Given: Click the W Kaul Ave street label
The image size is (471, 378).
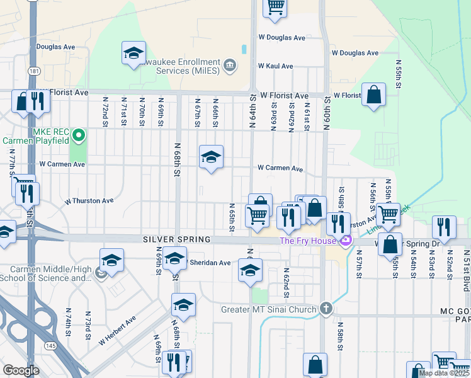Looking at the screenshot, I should point(275,66).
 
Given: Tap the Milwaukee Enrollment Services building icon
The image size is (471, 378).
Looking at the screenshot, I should point(230,64).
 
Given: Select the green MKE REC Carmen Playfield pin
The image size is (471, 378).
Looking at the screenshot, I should point(79,135).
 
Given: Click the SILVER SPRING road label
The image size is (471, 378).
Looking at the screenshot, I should point(174,239).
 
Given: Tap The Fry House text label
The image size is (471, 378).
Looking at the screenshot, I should point(306,241).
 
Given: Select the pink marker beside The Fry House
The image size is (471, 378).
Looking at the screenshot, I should point(345,241).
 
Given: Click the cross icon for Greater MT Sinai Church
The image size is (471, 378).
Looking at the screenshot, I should point(325,309).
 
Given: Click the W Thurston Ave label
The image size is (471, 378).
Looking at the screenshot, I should point(89,201).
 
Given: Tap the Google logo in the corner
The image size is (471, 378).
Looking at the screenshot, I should point(21,370).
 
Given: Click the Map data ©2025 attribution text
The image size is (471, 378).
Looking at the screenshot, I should point(444,373).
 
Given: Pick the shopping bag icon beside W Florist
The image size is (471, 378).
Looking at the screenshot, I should point(373,96).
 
